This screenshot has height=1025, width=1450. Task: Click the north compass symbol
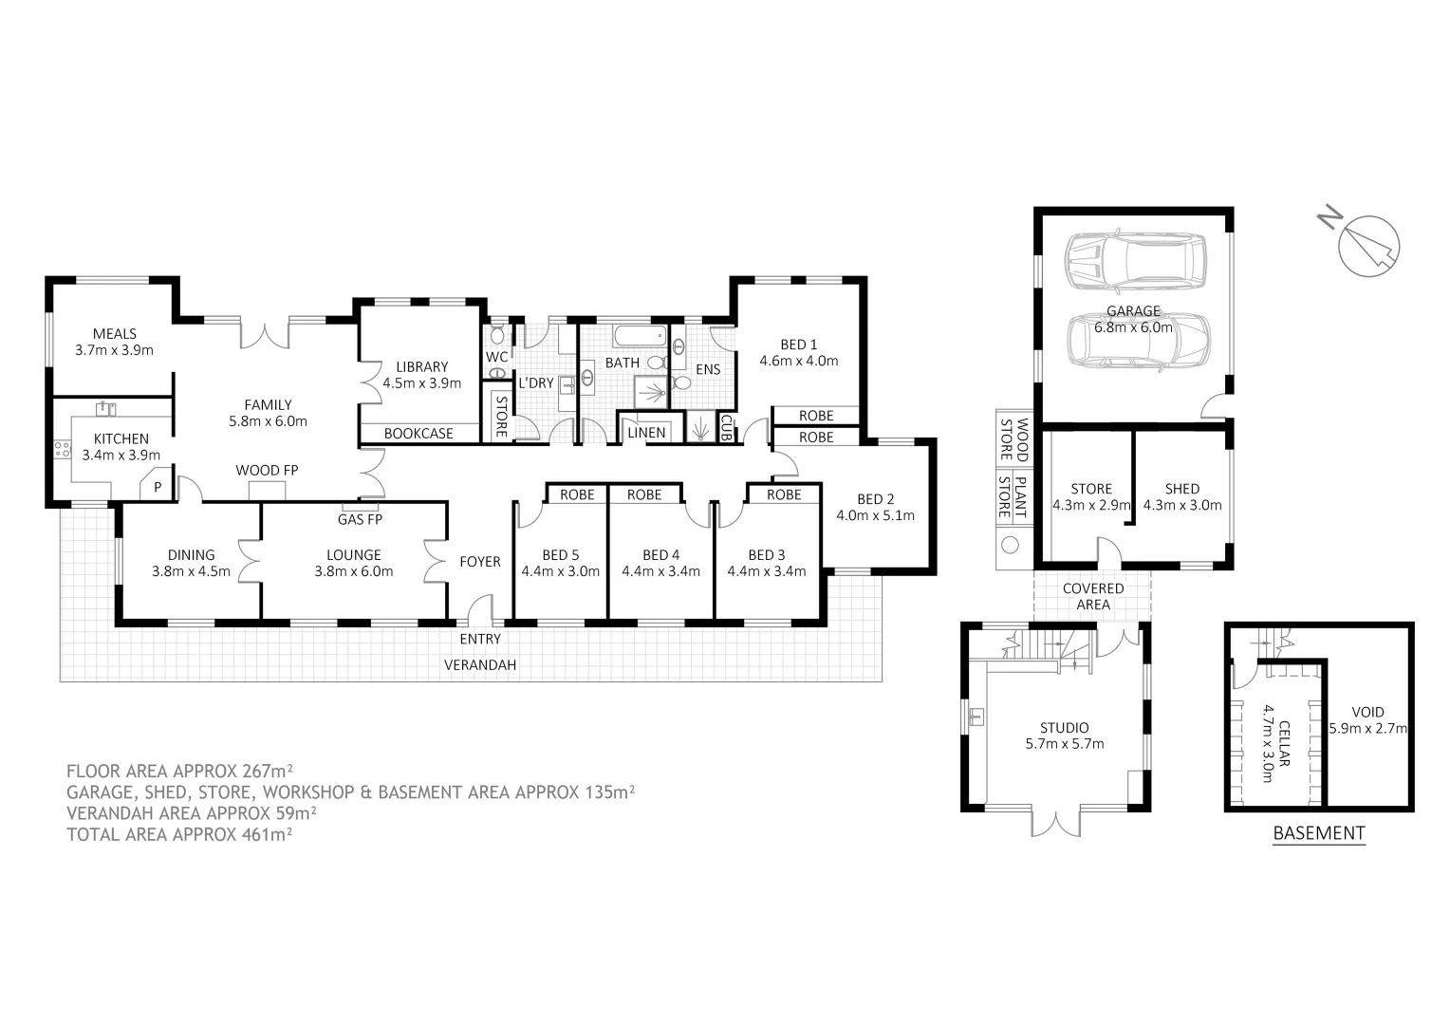pyautogui.click(x=1367, y=245)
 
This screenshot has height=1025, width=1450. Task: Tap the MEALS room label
pyautogui.click(x=114, y=334)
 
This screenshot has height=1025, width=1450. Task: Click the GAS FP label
pyautogui.click(x=360, y=519)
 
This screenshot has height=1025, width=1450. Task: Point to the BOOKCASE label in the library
pyautogui.click(x=418, y=434)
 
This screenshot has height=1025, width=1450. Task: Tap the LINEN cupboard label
pyautogui.click(x=646, y=433)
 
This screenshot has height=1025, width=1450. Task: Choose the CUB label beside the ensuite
pyautogui.click(x=726, y=428)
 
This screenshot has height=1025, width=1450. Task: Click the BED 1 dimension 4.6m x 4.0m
pyautogui.click(x=798, y=361)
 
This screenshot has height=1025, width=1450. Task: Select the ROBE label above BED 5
pyautogui.click(x=577, y=494)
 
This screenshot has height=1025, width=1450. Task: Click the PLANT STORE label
pyautogui.click(x=1013, y=497)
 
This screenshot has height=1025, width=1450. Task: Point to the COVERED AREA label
pyautogui.click(x=1093, y=596)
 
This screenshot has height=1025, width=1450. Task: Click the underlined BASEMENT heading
pyautogui.click(x=1318, y=833)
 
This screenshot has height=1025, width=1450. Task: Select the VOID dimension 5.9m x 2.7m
pyautogui.click(x=1367, y=729)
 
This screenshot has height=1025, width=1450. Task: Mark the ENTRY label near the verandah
pyautogui.click(x=480, y=639)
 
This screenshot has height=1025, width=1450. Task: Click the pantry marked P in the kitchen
pyautogui.click(x=158, y=487)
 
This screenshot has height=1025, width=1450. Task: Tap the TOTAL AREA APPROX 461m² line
pyautogui.click(x=178, y=834)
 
